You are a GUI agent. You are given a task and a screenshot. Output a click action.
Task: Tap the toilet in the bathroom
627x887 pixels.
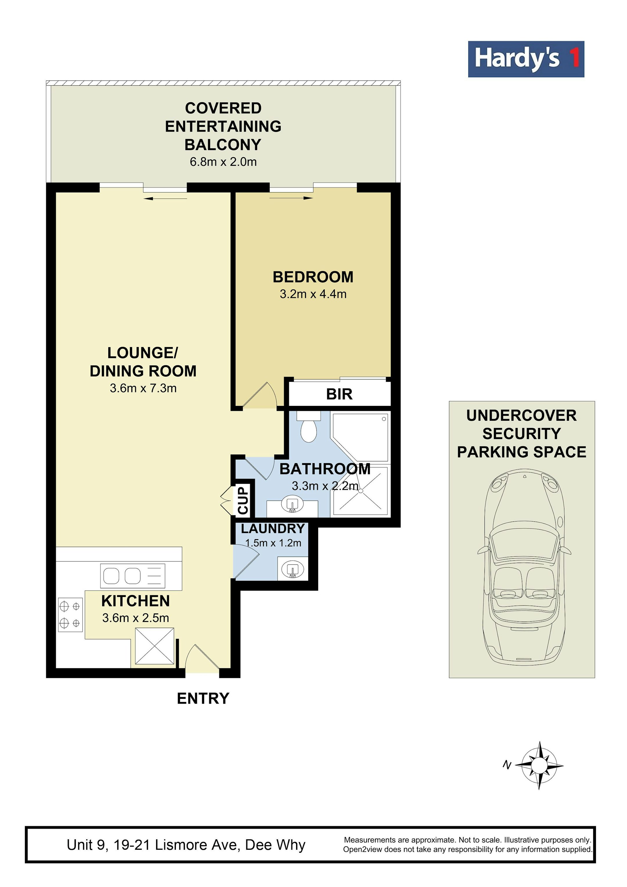point(309,427)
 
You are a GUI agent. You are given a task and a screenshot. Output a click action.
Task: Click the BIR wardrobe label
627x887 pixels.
point(339,395)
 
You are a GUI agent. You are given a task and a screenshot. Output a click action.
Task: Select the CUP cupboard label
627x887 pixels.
point(243,500)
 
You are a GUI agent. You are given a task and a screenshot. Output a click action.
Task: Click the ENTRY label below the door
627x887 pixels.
point(203,699)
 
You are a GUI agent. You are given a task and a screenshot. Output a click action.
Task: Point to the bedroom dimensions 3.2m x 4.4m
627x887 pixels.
point(313,294)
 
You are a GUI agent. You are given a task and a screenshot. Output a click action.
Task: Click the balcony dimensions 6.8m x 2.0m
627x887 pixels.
point(223,162)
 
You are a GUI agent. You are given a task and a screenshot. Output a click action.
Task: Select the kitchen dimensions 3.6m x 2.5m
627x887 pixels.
point(136,618)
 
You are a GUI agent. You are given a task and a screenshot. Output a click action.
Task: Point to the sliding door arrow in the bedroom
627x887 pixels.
point(291,198)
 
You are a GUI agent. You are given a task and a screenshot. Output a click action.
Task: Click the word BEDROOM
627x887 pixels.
point(313,277)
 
